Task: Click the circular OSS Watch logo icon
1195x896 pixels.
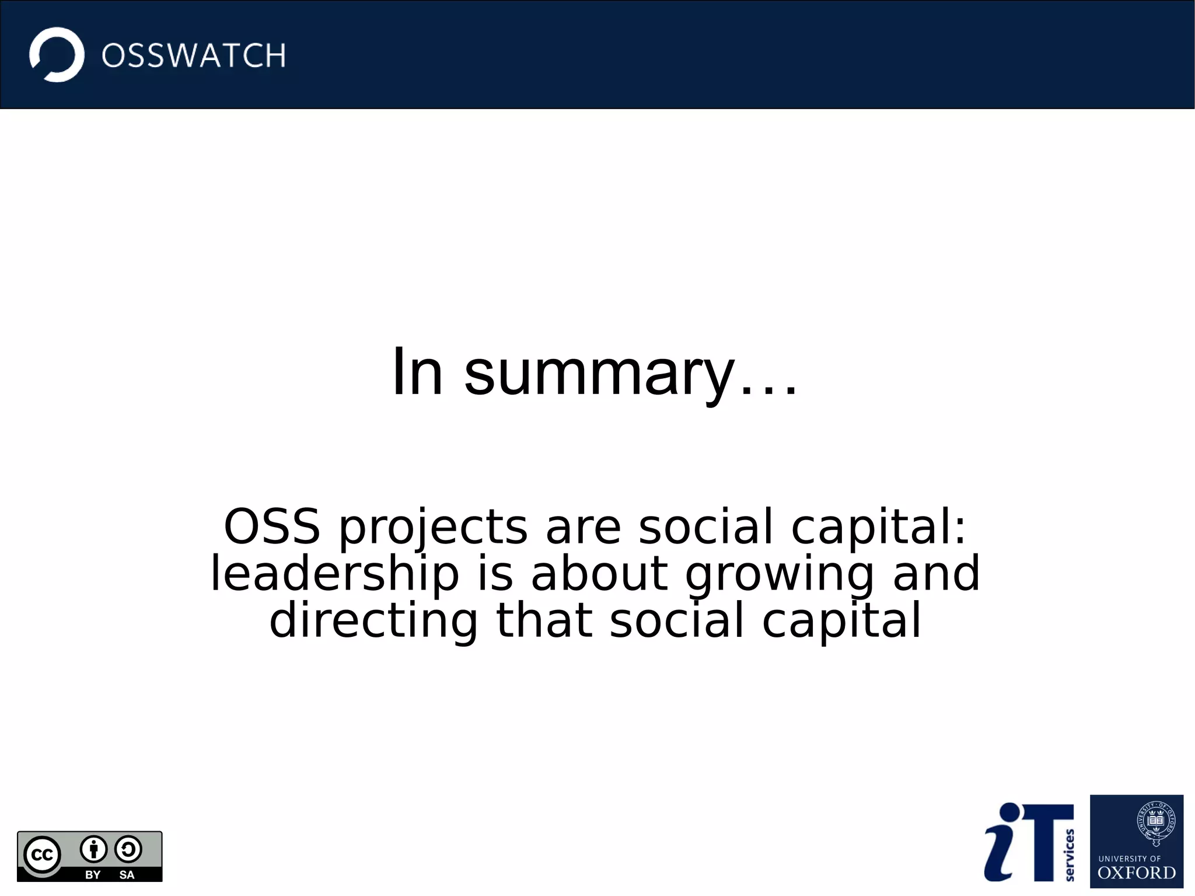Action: coord(57,55)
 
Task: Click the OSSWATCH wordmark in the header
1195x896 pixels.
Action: coord(194,56)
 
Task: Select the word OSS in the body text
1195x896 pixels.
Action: coord(272,527)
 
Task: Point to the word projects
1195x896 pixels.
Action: coord(433,528)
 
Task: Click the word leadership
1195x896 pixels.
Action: coord(335,574)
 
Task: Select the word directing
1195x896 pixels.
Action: coord(373,621)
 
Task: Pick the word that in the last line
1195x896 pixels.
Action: coord(543,620)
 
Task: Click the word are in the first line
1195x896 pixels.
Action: coord(583,528)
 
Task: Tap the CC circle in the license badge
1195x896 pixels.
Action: coord(42,855)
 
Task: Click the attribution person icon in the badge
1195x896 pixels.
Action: coord(93,849)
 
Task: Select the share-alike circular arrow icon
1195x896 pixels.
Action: coord(128,849)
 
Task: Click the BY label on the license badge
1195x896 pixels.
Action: coord(93,874)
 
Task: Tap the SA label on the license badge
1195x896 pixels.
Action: coord(127,874)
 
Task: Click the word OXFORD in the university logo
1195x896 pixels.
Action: coord(1136,873)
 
